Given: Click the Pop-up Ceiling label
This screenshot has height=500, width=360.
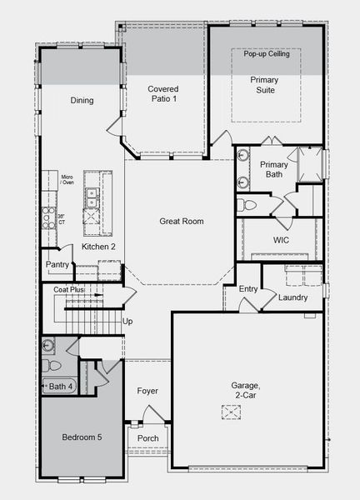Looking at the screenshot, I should (266, 54).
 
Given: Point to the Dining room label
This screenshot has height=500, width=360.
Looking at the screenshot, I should (82, 101).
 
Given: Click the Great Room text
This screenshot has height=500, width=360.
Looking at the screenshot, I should (182, 222).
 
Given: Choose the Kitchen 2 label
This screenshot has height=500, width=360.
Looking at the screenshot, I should (98, 247).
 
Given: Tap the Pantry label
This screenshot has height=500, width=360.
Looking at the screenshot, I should (57, 264).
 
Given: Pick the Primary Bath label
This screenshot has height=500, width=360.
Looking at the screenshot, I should (273, 169).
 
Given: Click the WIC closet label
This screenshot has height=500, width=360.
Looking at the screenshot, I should (281, 240).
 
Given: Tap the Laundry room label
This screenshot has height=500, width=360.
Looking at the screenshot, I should (293, 297).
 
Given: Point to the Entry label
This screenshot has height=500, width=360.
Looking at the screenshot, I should (248, 289).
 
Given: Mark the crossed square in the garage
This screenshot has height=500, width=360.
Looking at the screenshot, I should (230, 412).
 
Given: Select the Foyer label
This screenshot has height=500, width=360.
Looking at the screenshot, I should (147, 391).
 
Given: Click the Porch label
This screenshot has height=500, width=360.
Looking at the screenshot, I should (147, 438).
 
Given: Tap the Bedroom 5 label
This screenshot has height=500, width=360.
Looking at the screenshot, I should (82, 437).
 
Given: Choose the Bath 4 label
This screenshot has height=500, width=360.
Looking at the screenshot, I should (61, 386).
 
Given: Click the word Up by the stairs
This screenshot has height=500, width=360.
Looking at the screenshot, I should (127, 321).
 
